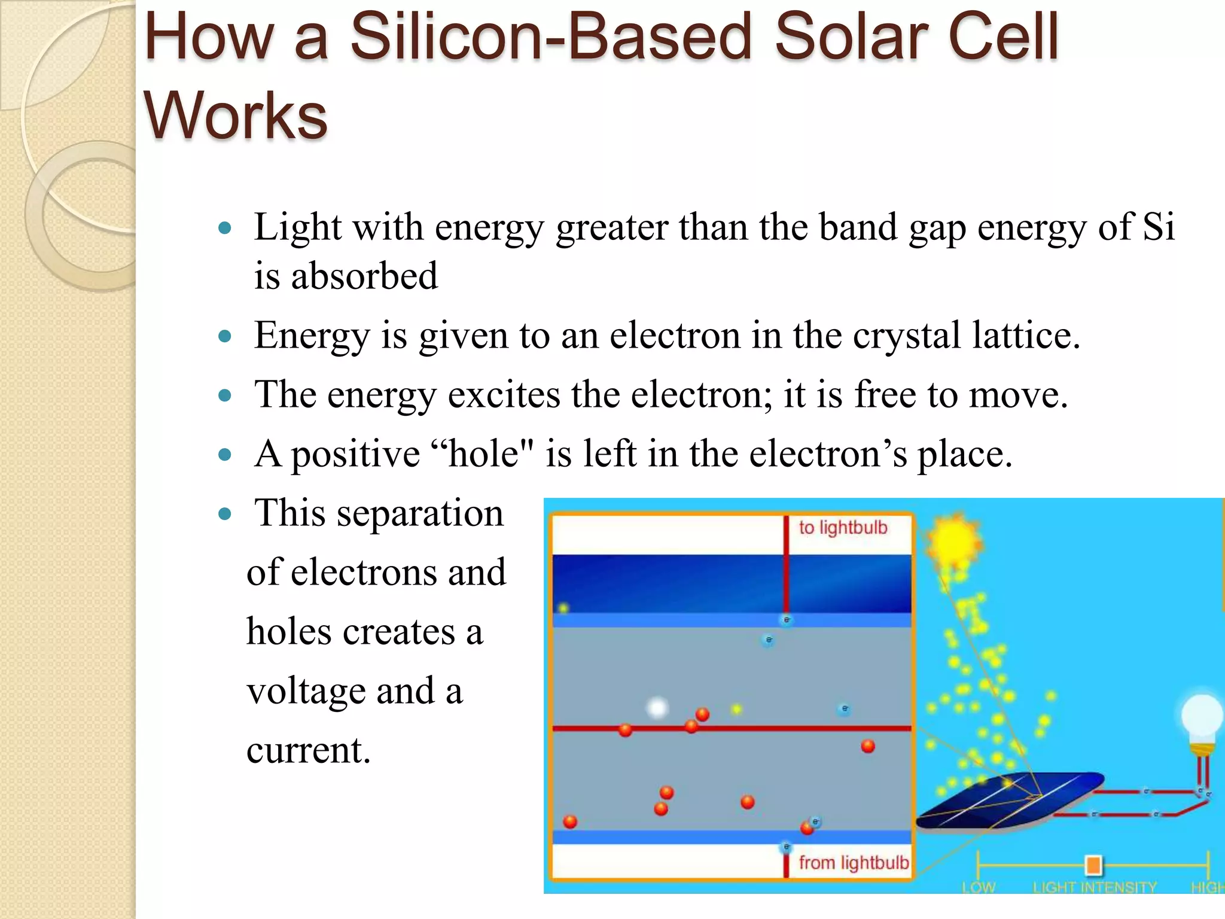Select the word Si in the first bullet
[1158, 227]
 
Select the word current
[307, 750]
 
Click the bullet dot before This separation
[225, 513]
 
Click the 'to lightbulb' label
[842, 528]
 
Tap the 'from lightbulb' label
[853, 863]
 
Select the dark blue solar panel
[1011, 802]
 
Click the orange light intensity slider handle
[1093, 865]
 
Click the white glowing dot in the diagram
[657, 708]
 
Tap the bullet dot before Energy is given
[225, 336]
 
